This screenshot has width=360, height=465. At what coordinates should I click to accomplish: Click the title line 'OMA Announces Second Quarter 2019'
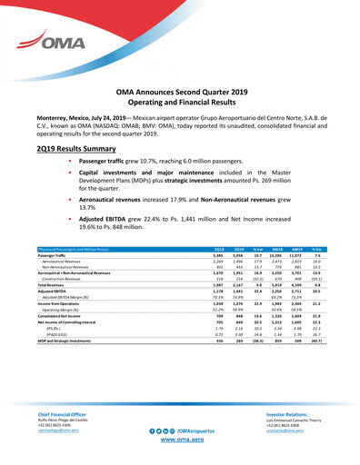tap(180, 93)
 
